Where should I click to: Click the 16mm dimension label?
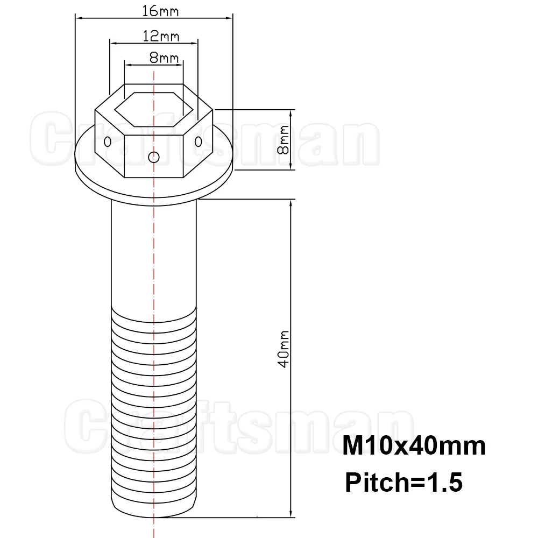click(160, 11)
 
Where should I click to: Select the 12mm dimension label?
click(161, 36)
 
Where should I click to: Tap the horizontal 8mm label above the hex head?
click(164, 58)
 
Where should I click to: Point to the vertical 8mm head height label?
click(284, 140)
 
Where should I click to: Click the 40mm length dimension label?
click(284, 349)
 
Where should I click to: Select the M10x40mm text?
click(414, 445)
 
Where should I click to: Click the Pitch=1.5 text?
click(404, 483)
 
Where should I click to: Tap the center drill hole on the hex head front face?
click(154, 157)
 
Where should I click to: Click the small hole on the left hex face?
click(108, 141)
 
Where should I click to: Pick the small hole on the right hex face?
click(199, 141)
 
